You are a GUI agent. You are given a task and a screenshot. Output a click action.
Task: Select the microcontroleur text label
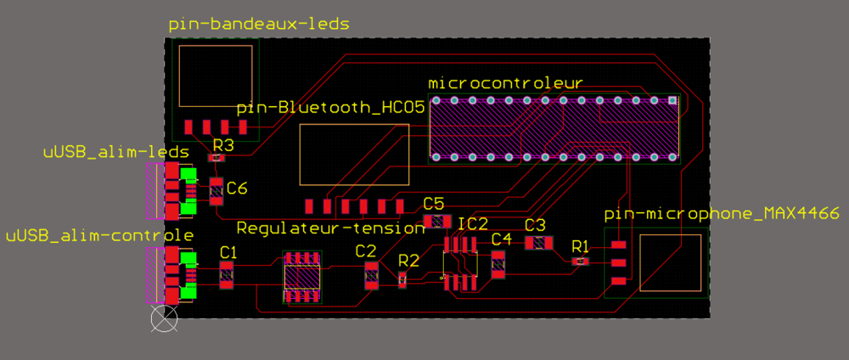(504, 83)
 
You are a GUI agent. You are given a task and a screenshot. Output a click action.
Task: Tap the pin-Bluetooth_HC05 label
(330, 108)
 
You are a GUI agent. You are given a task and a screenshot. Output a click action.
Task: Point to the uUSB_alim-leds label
(115, 153)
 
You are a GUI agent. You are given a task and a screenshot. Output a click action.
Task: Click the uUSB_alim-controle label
(99, 234)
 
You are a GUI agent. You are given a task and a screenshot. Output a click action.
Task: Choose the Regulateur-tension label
(330, 228)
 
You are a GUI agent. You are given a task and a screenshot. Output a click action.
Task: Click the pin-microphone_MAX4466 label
(722, 213)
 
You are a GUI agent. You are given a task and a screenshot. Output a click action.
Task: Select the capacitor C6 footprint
(216, 192)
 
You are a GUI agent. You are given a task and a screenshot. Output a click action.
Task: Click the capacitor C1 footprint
(227, 274)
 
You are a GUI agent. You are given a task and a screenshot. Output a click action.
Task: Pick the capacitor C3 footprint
(537, 243)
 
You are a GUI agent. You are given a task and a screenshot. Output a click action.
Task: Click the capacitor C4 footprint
(498, 265)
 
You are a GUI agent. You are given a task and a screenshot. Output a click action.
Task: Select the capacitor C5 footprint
(436, 222)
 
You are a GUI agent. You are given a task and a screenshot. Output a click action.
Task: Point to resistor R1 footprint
(580, 262)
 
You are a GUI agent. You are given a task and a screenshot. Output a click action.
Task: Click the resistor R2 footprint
(403, 278)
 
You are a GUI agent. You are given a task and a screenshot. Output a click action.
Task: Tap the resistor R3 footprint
(217, 158)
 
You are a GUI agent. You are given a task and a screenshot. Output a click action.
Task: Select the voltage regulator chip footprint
(302, 277)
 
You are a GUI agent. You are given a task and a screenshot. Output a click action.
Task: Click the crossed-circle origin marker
(164, 319)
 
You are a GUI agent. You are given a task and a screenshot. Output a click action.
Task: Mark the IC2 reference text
(473, 224)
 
